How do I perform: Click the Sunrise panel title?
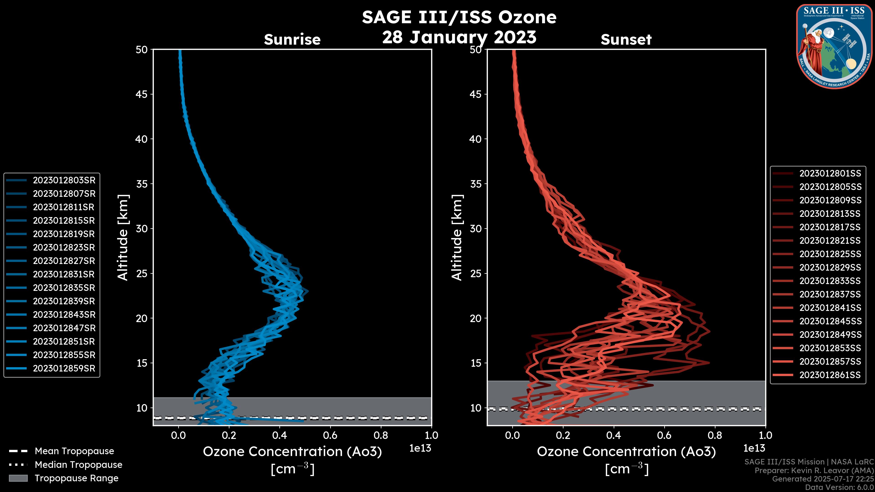[292, 39]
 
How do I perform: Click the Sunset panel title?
[626, 39]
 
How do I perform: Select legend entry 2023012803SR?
[64, 180]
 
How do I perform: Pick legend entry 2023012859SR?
[64, 368]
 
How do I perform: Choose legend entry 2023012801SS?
[830, 174]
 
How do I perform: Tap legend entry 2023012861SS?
[830, 375]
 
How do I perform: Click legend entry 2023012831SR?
[64, 274]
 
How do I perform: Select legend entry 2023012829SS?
[830, 268]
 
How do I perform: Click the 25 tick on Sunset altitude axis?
[476, 273]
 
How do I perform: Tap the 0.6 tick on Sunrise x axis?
[330, 435]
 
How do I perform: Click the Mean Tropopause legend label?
[74, 451]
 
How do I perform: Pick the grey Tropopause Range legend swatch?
[18, 478]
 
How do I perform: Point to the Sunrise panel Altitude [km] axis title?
[123, 238]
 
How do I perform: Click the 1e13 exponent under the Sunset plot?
[754, 448]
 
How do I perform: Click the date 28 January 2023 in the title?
[459, 37]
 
